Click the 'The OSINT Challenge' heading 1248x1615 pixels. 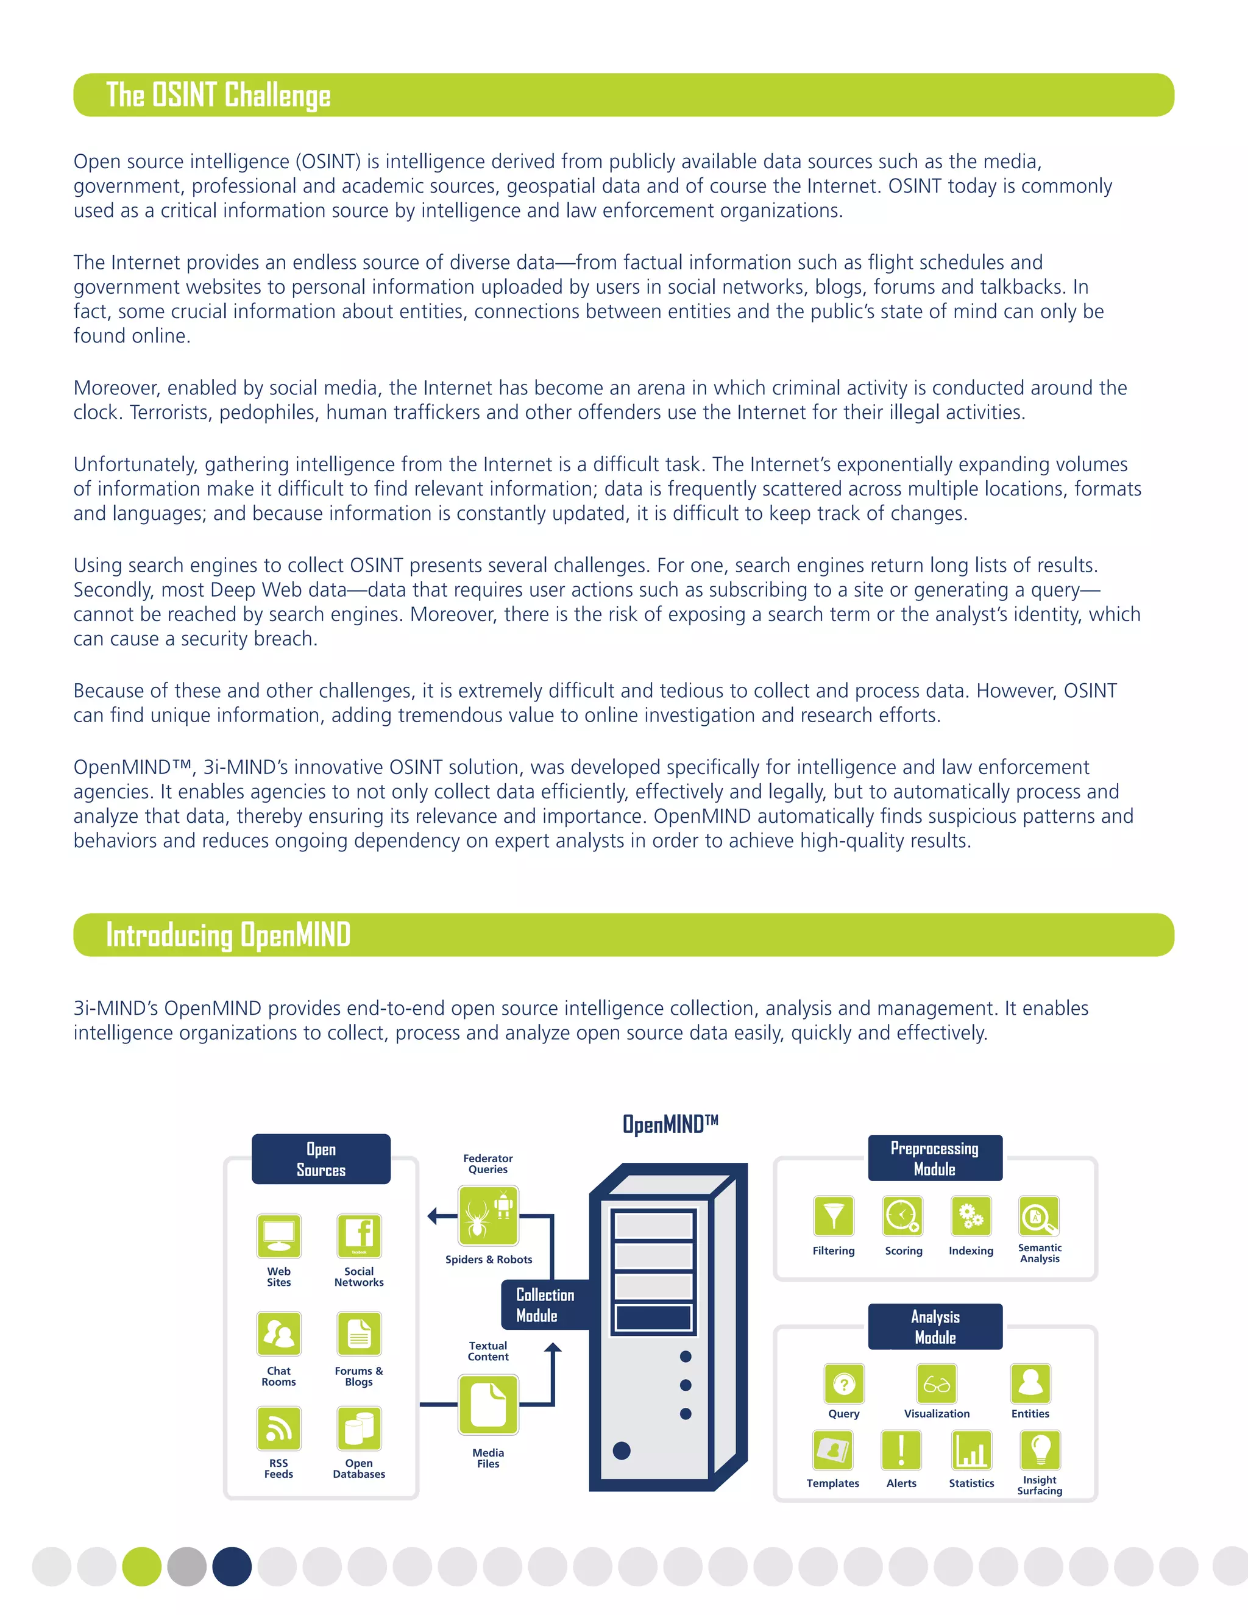[x=218, y=96]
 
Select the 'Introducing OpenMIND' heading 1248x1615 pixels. [x=228, y=935]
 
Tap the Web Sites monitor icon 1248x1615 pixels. [x=278, y=1236]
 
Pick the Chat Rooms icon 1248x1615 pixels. [x=278, y=1333]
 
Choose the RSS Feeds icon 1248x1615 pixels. [x=278, y=1428]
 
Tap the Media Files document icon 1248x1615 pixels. [x=488, y=1404]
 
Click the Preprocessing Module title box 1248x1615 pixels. [x=935, y=1158]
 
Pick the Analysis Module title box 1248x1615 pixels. [x=935, y=1327]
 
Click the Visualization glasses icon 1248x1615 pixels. [x=937, y=1384]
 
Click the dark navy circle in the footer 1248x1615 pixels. [x=232, y=1566]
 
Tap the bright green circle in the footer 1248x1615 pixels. [x=142, y=1566]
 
